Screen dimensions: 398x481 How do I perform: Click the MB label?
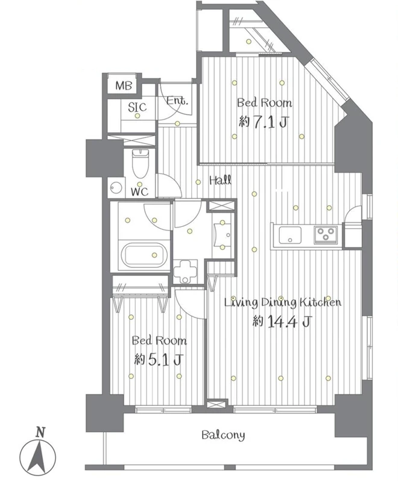pos(124,86)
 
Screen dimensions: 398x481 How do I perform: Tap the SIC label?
pos(137,107)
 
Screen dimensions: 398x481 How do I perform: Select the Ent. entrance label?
pos(177,101)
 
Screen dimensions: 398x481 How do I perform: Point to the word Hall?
pos(220,180)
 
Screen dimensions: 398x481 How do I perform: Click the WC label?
pos(139,192)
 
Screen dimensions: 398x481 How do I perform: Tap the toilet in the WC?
pos(140,163)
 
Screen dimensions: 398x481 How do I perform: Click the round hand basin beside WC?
pos(116,187)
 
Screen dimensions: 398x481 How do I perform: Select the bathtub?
pos(144,255)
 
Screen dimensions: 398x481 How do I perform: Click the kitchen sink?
pos(290,235)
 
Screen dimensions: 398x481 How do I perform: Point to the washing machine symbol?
pos(185,271)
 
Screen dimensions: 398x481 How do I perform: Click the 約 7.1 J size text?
pos(264,123)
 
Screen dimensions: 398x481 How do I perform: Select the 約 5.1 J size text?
pos(159,360)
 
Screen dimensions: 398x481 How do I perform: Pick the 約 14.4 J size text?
pos(282,321)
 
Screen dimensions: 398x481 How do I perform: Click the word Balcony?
pos(223,435)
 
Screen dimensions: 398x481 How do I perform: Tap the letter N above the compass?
pos(40,433)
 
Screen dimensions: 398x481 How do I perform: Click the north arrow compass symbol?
pos(38,456)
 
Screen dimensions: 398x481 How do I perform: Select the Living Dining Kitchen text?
pos(282,303)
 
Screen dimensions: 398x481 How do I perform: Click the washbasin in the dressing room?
pos(222,235)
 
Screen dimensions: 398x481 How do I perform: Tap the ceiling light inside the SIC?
pos(137,116)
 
